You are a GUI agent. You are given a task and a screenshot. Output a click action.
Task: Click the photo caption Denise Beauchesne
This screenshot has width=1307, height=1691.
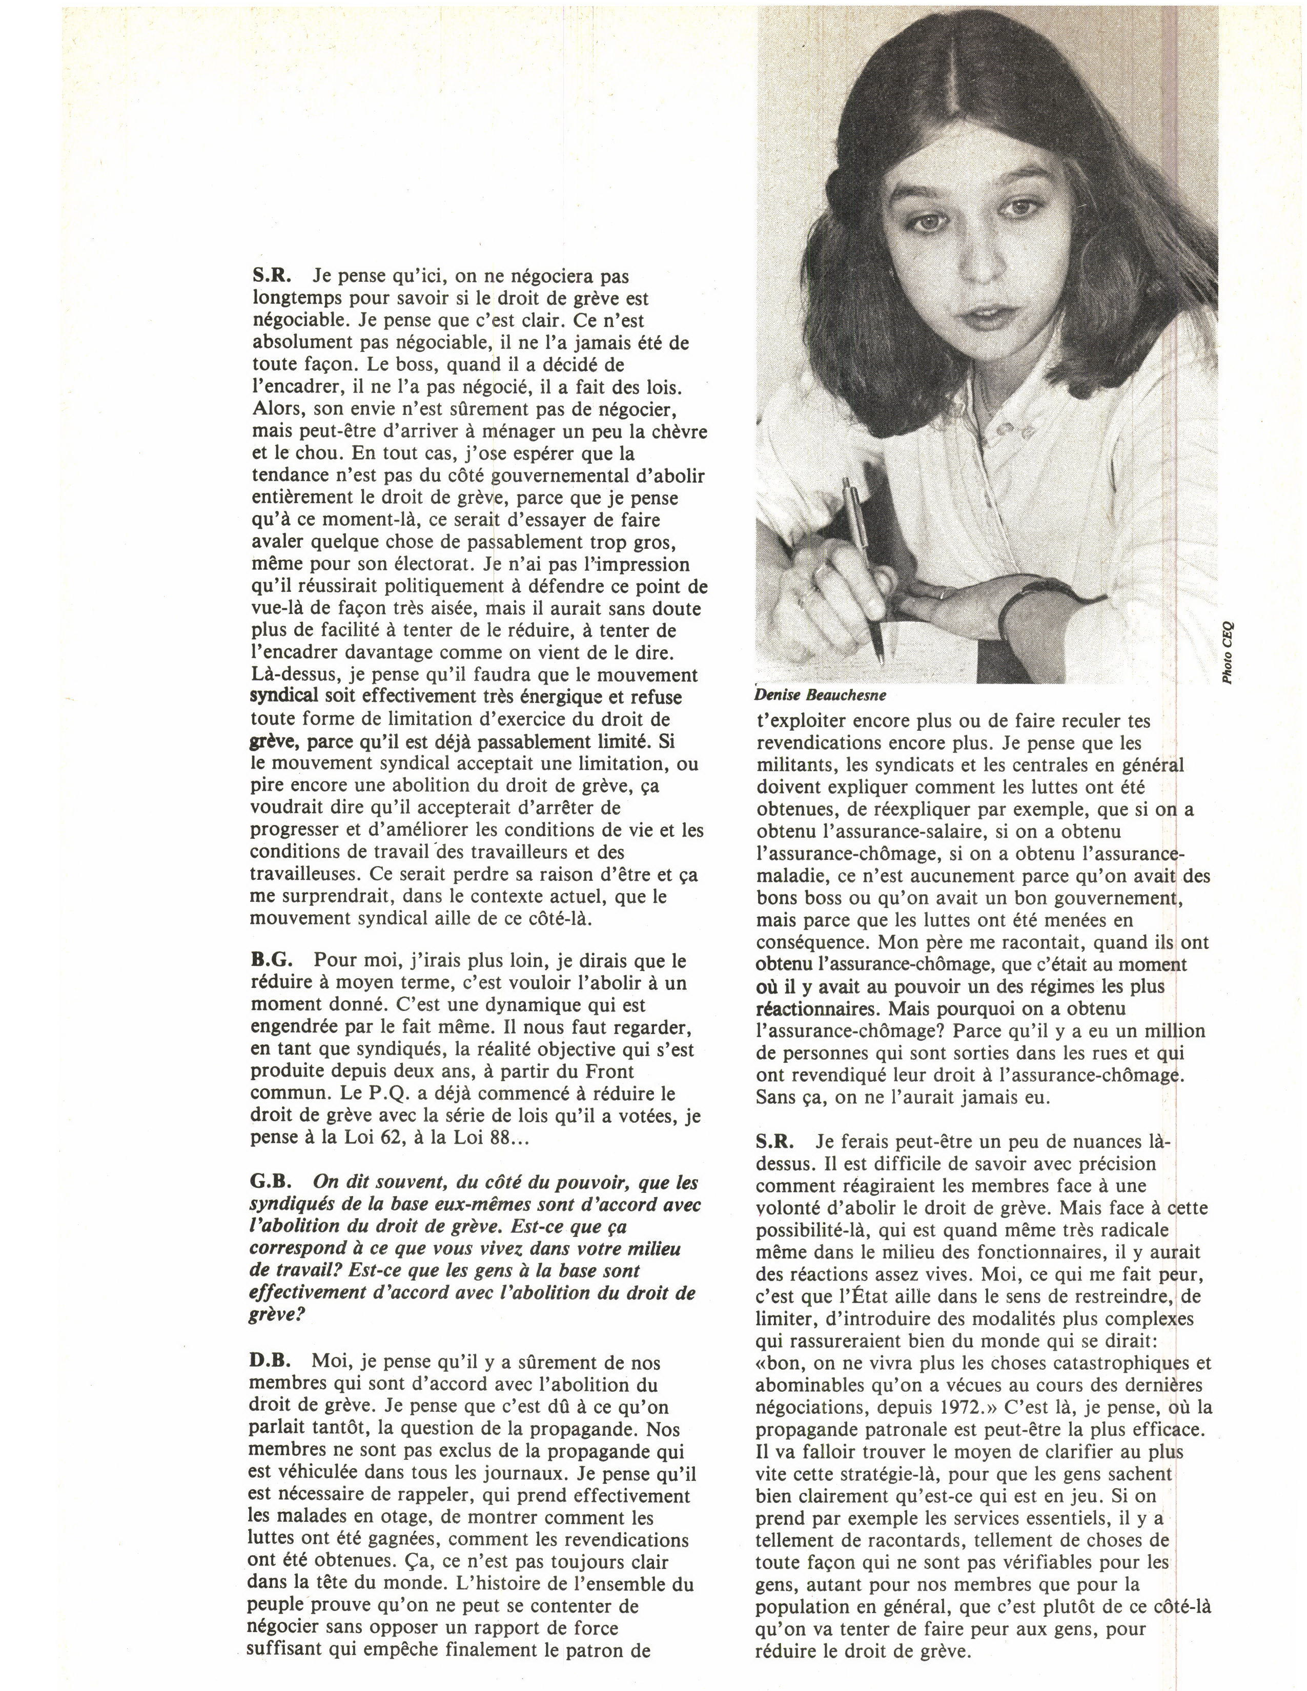pyautogui.click(x=821, y=694)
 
